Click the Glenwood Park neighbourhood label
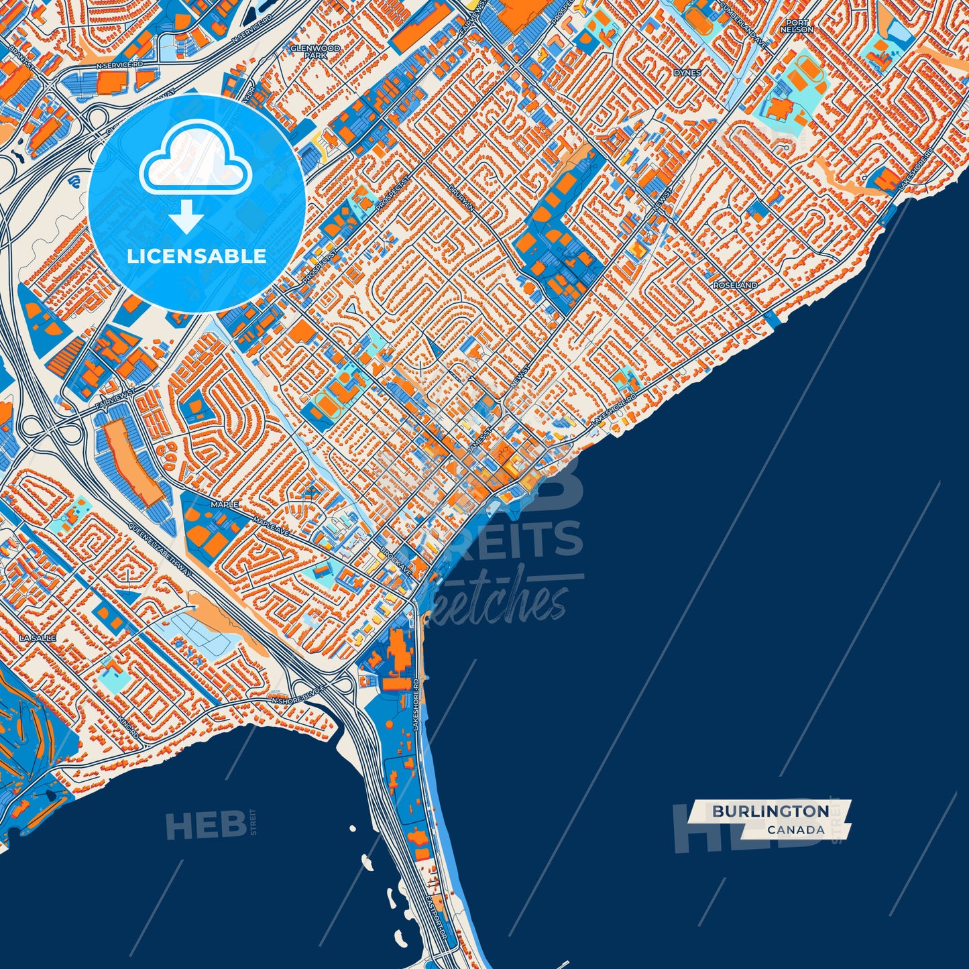(315, 52)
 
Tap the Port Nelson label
(797, 26)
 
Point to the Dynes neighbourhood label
(687, 72)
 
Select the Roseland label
(735, 285)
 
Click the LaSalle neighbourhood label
(38, 638)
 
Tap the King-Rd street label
(129, 726)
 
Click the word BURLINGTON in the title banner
(770, 811)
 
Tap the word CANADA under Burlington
(796, 830)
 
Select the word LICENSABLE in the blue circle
(196, 256)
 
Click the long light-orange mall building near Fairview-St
(131, 463)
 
